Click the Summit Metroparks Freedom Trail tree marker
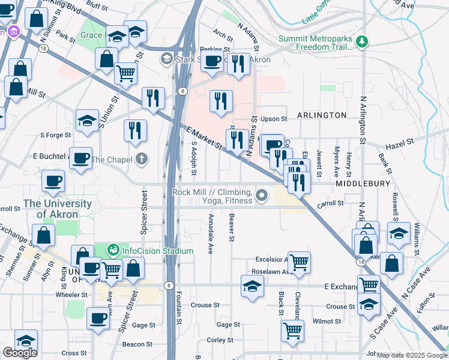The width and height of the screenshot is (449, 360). (361, 41)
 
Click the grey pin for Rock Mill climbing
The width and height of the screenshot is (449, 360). (261, 196)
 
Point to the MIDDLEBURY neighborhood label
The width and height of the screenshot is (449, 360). (364, 183)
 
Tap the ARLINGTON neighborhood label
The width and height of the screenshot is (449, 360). (321, 115)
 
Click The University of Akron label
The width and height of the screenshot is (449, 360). (58, 209)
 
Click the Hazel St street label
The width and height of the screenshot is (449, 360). (402, 142)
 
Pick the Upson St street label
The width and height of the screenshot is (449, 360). (274, 119)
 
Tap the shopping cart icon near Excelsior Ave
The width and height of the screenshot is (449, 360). (298, 262)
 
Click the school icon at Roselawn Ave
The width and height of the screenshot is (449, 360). (253, 286)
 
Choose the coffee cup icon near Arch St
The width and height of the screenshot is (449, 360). (212, 61)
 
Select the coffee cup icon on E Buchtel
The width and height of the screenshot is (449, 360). (80, 158)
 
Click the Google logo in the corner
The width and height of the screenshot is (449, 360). (20, 353)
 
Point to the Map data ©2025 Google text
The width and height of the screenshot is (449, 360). (412, 355)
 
